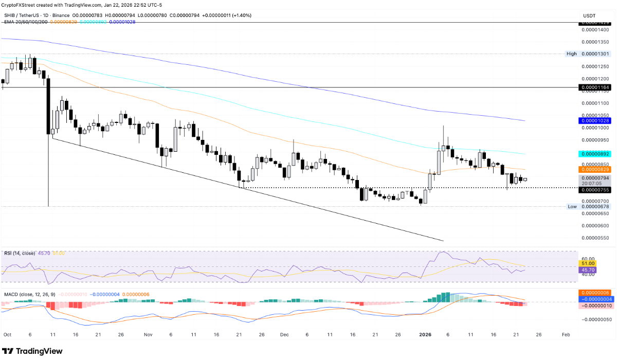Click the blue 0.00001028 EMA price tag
pyautogui.click(x=595, y=120)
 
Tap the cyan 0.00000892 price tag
pyautogui.click(x=595, y=154)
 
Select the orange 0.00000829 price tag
pyautogui.click(x=595, y=169)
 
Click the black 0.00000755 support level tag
pyautogui.click(x=595, y=190)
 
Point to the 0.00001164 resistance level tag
pyautogui.click(x=595, y=88)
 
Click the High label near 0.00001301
pyautogui.click(x=572, y=53)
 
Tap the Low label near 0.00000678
pyautogui.click(x=572, y=206)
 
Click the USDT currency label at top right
pyautogui.click(x=589, y=16)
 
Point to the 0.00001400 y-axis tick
pyautogui.click(x=595, y=30)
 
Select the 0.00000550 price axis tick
pyautogui.click(x=595, y=238)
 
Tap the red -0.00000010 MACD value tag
pyautogui.click(x=595, y=305)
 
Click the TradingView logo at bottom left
pyautogui.click(x=32, y=351)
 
